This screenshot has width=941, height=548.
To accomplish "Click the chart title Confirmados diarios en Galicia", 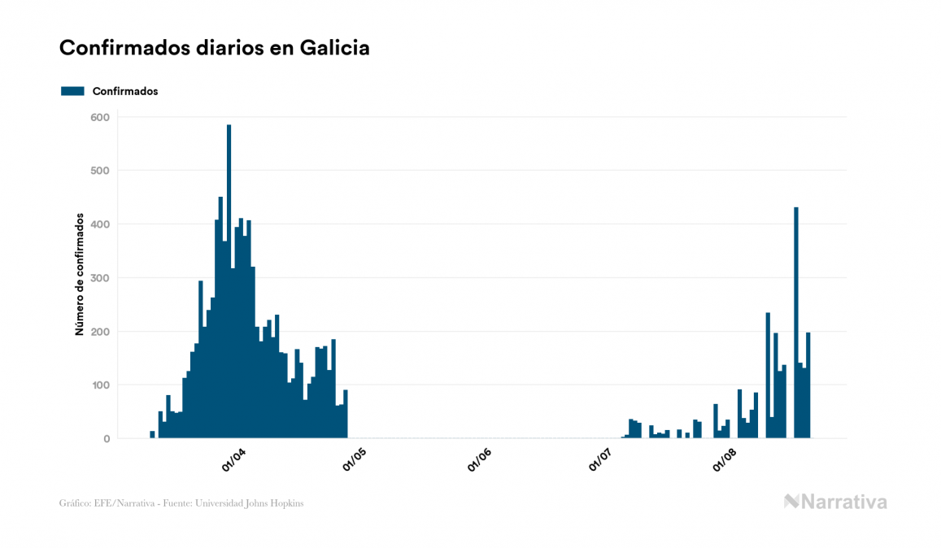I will tap(215, 48).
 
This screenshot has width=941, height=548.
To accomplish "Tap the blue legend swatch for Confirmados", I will tap(72, 91).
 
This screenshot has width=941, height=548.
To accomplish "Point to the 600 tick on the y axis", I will tap(99, 117).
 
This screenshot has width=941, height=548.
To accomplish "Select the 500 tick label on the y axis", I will tap(99, 171).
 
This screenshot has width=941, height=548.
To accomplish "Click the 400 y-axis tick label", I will tap(99, 224).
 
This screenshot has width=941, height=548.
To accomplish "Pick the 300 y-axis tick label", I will tap(99, 278).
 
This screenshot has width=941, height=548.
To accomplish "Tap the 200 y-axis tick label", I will tap(99, 332).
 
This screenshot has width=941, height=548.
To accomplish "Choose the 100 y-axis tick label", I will tap(99, 385).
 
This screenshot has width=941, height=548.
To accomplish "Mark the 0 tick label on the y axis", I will tap(106, 439).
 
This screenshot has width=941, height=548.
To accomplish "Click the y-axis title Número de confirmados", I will tap(80, 275).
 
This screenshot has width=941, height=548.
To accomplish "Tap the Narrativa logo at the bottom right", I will tap(835, 502).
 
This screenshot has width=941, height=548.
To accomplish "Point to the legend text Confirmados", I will tap(125, 91).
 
